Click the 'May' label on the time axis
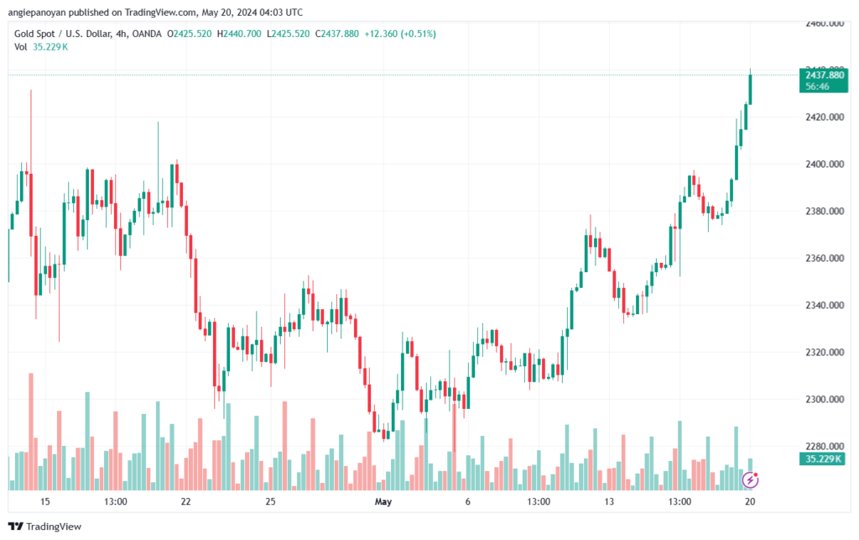coord(383,502)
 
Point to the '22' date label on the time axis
coord(186,502)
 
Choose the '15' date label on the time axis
coord(45,502)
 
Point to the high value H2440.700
coord(239,34)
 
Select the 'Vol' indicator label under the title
coord(21,47)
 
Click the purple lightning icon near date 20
coord(752,480)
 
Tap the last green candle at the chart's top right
coord(750,89)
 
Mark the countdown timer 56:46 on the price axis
coord(818,87)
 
